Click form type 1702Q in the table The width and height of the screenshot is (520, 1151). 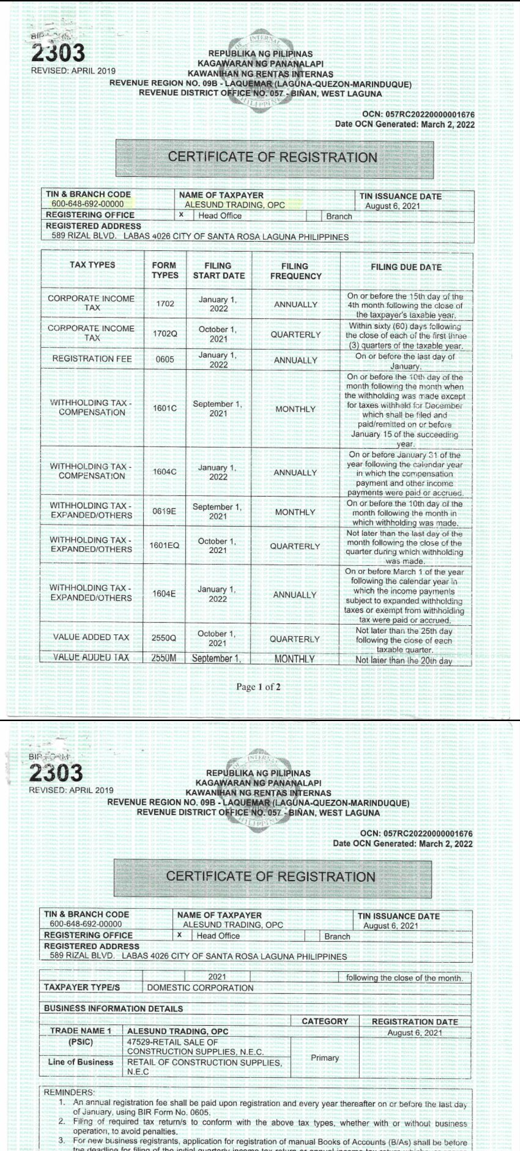click(165, 334)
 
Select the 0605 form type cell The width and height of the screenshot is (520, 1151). click(165, 359)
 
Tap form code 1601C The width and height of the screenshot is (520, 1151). click(165, 408)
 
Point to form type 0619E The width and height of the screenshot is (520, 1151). click(164, 511)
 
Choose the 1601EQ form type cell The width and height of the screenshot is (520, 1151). click(164, 545)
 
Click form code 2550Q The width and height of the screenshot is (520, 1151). click(164, 638)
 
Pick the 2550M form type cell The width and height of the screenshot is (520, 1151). click(164, 658)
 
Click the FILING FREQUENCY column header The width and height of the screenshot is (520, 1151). click(295, 271)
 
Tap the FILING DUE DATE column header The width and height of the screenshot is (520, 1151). click(406, 267)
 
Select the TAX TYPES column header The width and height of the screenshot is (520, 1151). click(92, 265)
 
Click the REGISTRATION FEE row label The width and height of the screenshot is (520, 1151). click(92, 359)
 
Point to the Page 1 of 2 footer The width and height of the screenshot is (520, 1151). click(258, 687)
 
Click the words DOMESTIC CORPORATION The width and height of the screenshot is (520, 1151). click(200, 988)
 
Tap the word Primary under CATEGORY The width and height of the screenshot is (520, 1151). click(325, 1057)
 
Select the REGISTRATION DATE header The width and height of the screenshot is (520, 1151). click(415, 1021)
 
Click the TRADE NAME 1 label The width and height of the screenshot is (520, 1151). click(80, 1031)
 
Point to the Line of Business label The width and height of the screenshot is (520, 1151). click(80, 1062)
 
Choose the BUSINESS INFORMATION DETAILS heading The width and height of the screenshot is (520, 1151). click(113, 1008)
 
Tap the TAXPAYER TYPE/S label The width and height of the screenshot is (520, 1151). click(82, 987)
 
